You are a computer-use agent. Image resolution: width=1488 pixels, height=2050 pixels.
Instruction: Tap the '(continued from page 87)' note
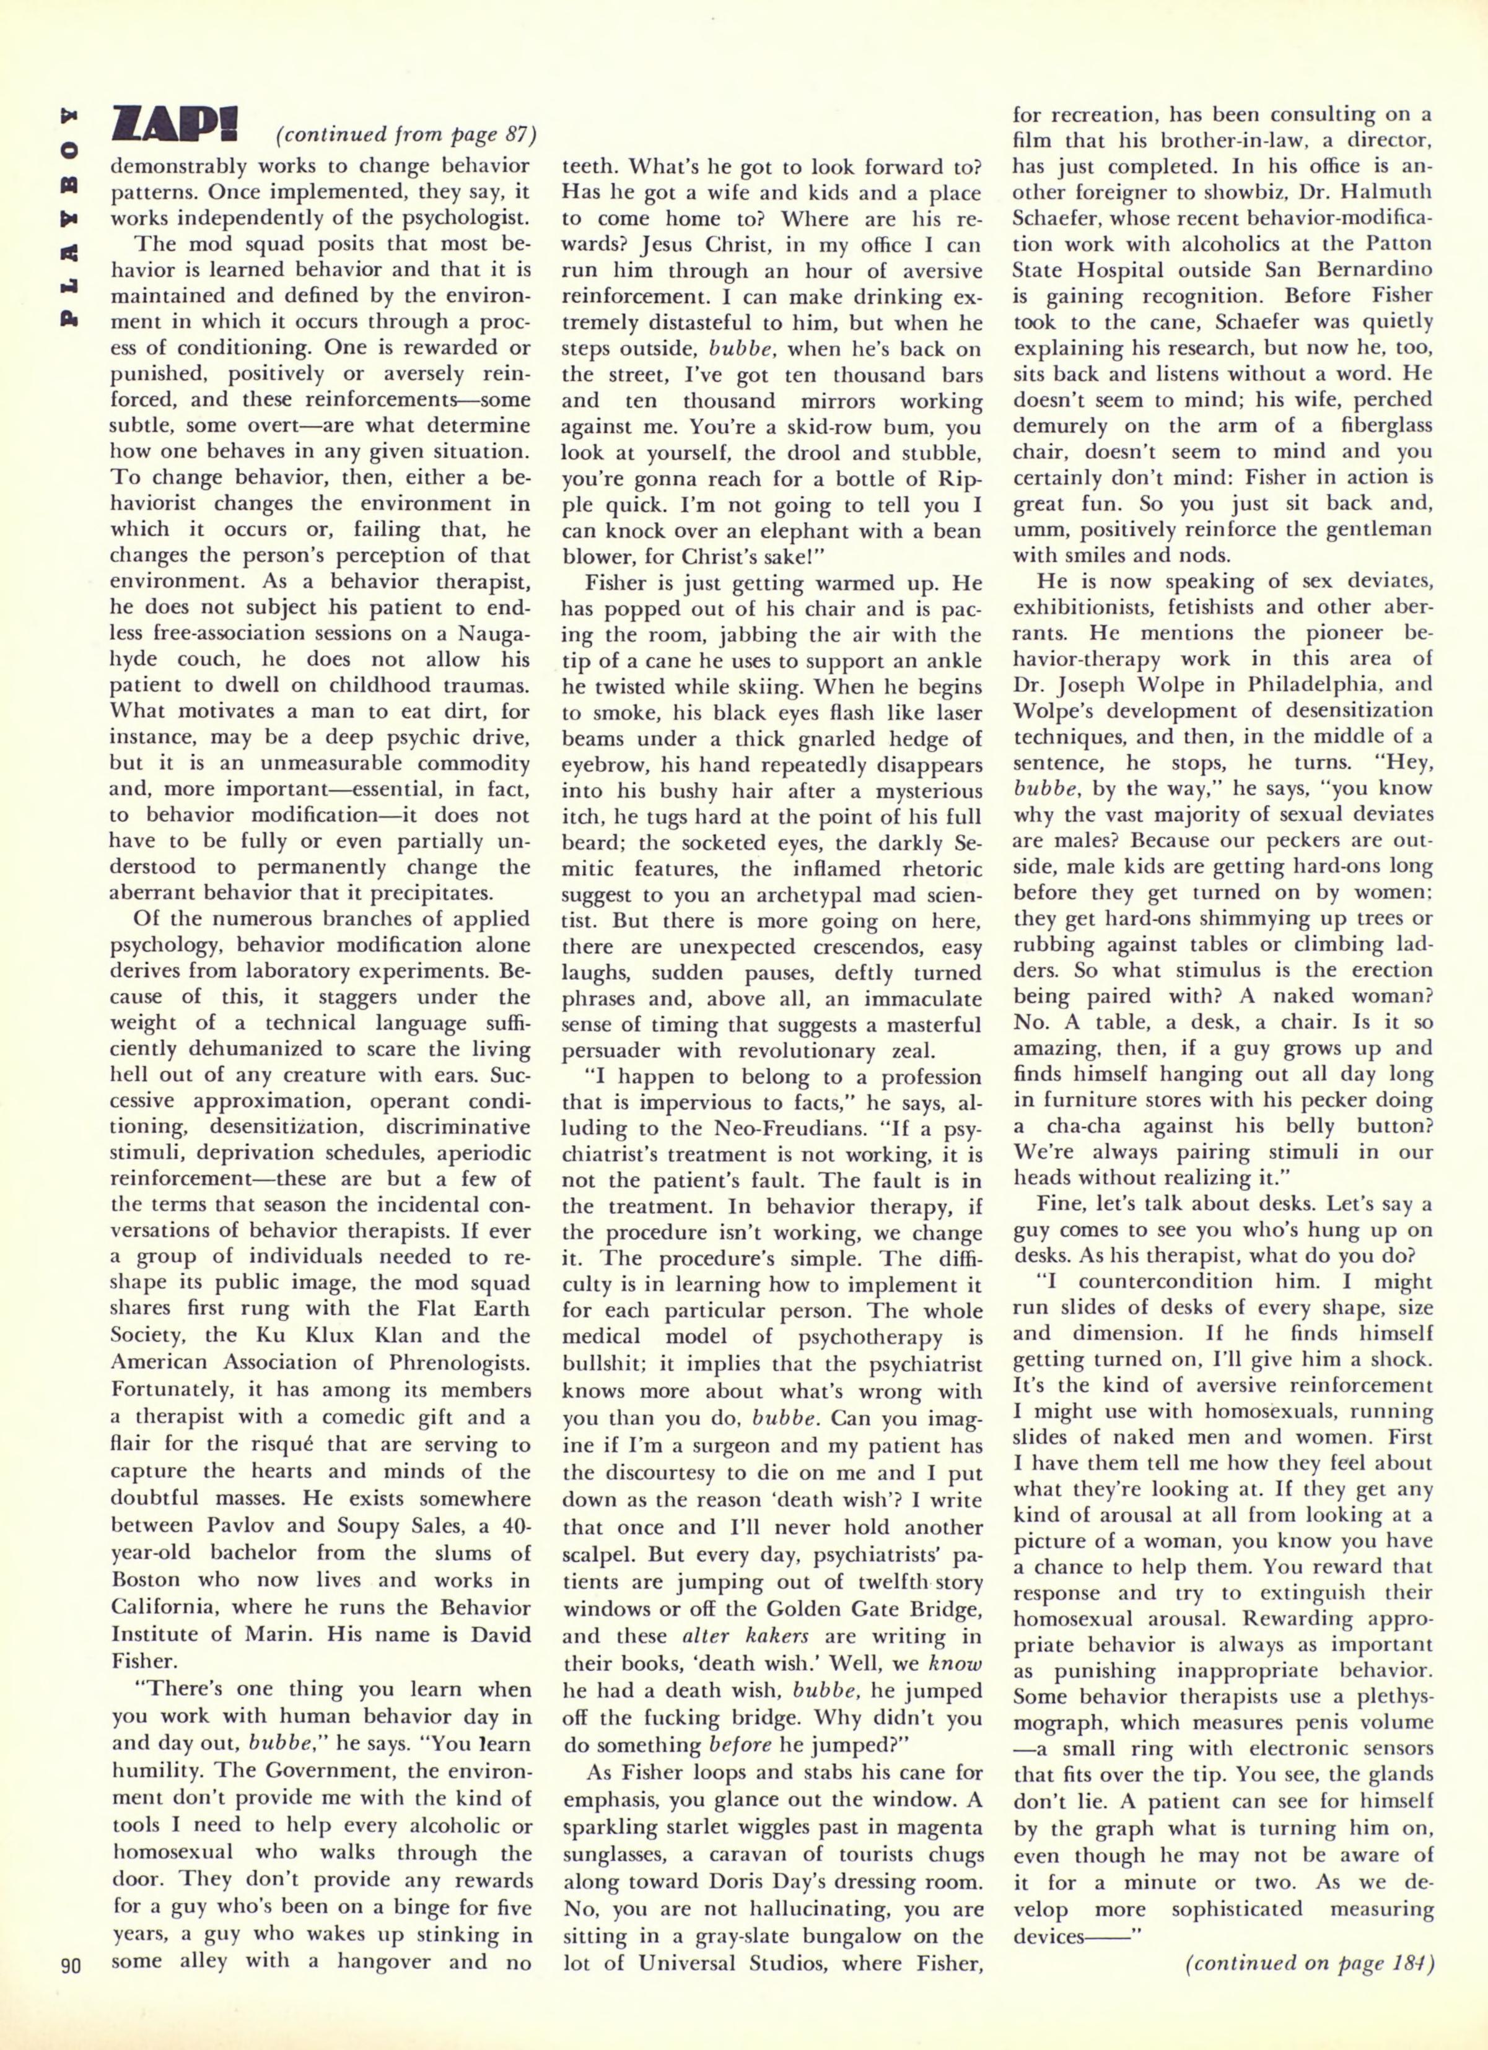[x=406, y=136]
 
